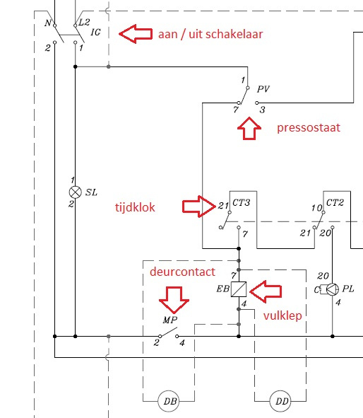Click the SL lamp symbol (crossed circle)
(76, 192)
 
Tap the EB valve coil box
(239, 289)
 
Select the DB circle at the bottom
(169, 401)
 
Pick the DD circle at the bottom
(280, 401)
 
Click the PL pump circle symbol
(333, 289)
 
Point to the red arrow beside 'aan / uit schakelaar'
(136, 34)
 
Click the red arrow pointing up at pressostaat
(249, 128)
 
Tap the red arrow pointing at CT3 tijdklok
(199, 207)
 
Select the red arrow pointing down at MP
(174, 300)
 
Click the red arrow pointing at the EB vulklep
(266, 291)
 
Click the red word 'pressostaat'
(309, 128)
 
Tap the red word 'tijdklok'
(135, 207)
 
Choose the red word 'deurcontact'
(182, 272)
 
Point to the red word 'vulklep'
(282, 315)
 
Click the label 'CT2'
(335, 202)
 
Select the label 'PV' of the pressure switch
(263, 89)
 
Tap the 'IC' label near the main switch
(95, 33)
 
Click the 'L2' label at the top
(84, 22)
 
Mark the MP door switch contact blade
(169, 332)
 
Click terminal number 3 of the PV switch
(263, 110)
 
